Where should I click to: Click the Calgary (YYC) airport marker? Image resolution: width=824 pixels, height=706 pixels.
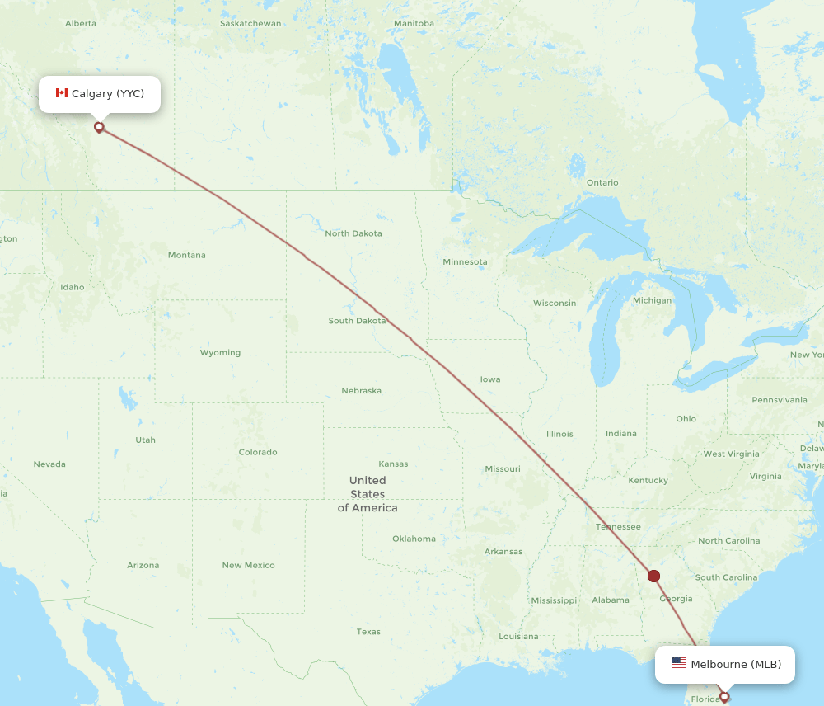(x=99, y=127)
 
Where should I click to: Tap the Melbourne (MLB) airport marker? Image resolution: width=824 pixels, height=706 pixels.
(x=724, y=696)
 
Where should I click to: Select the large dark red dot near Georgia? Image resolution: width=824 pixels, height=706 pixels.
(x=653, y=576)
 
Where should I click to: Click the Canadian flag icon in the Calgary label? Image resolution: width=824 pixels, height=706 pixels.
(x=62, y=93)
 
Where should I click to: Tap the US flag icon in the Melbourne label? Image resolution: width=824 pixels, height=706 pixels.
(x=679, y=663)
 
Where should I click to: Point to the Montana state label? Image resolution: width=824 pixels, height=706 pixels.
(x=187, y=255)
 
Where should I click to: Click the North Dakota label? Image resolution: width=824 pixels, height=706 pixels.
(x=353, y=233)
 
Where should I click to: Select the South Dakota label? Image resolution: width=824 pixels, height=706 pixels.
(x=357, y=321)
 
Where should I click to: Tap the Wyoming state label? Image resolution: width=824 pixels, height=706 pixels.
(x=220, y=352)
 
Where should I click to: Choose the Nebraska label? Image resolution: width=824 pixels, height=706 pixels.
(x=361, y=390)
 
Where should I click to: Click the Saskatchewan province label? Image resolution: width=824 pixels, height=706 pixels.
(x=250, y=23)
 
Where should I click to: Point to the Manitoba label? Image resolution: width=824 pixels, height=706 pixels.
(x=414, y=23)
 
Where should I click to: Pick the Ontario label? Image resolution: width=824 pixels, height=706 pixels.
(x=602, y=182)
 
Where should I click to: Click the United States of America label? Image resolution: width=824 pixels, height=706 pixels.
(x=368, y=494)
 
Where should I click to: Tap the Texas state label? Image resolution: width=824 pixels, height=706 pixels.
(x=368, y=632)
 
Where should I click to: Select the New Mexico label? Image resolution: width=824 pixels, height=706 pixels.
(x=248, y=565)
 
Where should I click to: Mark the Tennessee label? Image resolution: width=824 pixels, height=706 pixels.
(x=618, y=526)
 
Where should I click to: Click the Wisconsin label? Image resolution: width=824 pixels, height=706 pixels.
(x=555, y=303)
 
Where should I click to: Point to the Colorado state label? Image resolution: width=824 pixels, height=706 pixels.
(x=258, y=452)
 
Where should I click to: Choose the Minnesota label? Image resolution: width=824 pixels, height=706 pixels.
(x=465, y=261)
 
